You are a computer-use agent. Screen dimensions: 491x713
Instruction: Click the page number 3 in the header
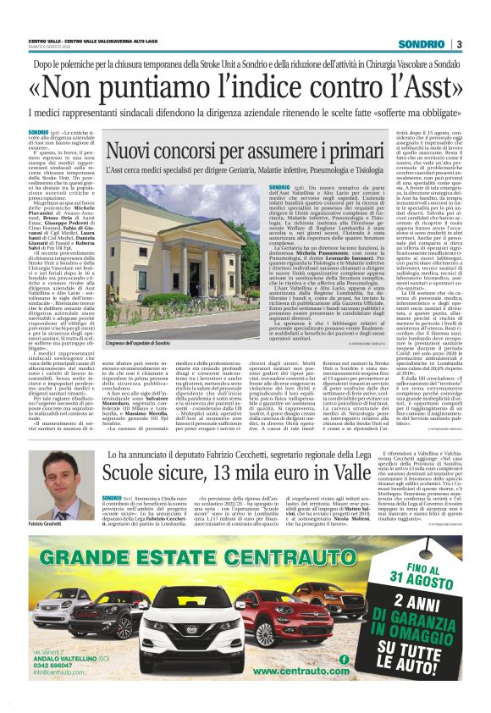tap(459, 44)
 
